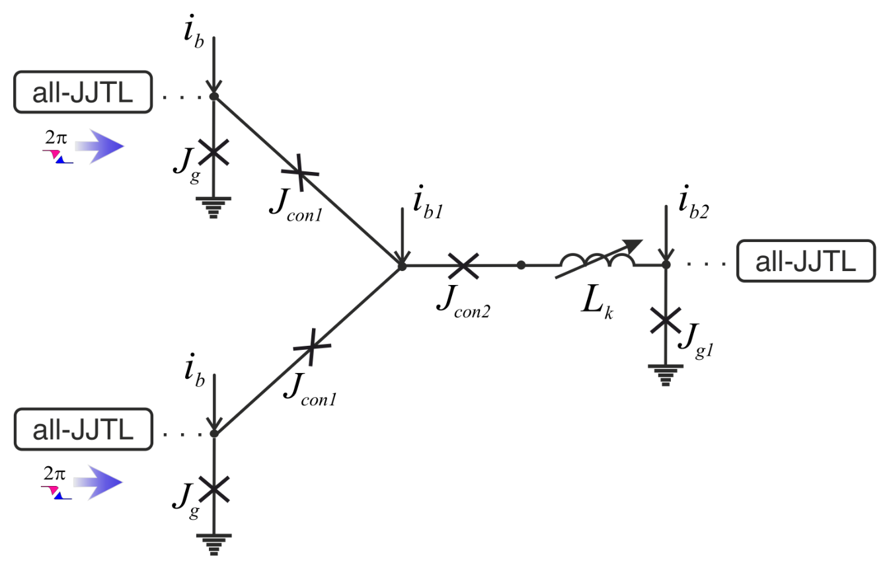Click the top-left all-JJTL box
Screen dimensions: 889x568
pyautogui.click(x=83, y=92)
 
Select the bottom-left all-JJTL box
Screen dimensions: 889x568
pyautogui.click(x=83, y=429)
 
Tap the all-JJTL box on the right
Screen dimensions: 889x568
pyautogui.click(x=806, y=261)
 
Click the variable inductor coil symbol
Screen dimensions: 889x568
pyautogui.click(x=598, y=260)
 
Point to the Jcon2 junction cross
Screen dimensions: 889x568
pyautogui.click(x=463, y=266)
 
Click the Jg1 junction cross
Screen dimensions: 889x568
pyautogui.click(x=666, y=320)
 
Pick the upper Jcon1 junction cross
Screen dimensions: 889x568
pyautogui.click(x=300, y=173)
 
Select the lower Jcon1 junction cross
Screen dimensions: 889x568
pyautogui.click(x=312, y=346)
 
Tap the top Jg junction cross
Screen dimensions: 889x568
pyautogui.click(x=213, y=152)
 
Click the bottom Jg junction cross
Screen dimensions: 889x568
pyautogui.click(x=213, y=489)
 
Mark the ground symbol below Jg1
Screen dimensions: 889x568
pyautogui.click(x=666, y=375)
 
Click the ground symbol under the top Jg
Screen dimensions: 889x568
pyautogui.click(x=213, y=208)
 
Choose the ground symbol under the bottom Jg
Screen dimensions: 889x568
pyautogui.click(x=213, y=545)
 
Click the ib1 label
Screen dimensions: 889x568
pyautogui.click(x=428, y=202)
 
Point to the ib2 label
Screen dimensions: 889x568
pyautogui.click(x=693, y=202)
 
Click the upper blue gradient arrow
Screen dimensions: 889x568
pyautogui.click(x=99, y=147)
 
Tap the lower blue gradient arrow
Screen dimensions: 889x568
pyautogui.click(x=98, y=483)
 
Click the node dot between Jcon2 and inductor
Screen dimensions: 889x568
pyautogui.click(x=521, y=265)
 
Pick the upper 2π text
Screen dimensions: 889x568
pyautogui.click(x=56, y=138)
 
